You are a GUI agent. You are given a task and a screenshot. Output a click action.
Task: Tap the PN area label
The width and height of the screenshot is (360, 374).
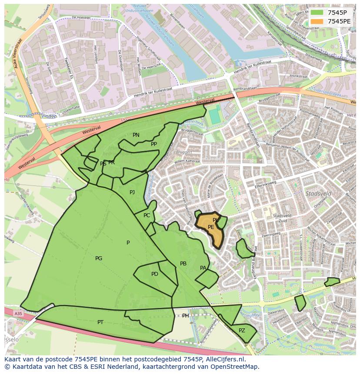click(136, 135)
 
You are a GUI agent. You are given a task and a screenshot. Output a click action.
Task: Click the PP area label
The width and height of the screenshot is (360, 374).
click(154, 144)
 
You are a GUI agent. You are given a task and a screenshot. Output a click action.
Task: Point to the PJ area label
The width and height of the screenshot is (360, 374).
click(132, 192)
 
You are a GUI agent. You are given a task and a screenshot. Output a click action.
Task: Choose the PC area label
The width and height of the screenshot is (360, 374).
click(147, 215)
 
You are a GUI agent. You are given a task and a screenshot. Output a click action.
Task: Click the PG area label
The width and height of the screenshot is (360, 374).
click(99, 258)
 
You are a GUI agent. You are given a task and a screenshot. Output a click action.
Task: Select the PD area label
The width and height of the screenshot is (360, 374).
click(155, 274)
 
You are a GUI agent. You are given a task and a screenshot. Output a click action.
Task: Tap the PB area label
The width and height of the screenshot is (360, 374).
click(183, 264)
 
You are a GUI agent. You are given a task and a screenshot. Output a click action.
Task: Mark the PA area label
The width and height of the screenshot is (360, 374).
click(203, 268)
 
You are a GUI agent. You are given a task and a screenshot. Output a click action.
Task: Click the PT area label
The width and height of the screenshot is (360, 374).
click(100, 322)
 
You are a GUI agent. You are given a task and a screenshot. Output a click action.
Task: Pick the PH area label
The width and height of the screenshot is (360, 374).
click(186, 316)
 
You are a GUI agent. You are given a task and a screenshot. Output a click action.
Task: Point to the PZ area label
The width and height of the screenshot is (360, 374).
click(242, 331)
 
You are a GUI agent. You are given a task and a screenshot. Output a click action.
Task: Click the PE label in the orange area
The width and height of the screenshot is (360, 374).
click(211, 227)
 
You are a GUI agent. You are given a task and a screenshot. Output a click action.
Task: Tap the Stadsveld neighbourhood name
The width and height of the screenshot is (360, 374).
click(318, 193)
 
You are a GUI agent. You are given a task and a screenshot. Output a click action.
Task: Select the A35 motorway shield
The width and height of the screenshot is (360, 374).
click(18, 313)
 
